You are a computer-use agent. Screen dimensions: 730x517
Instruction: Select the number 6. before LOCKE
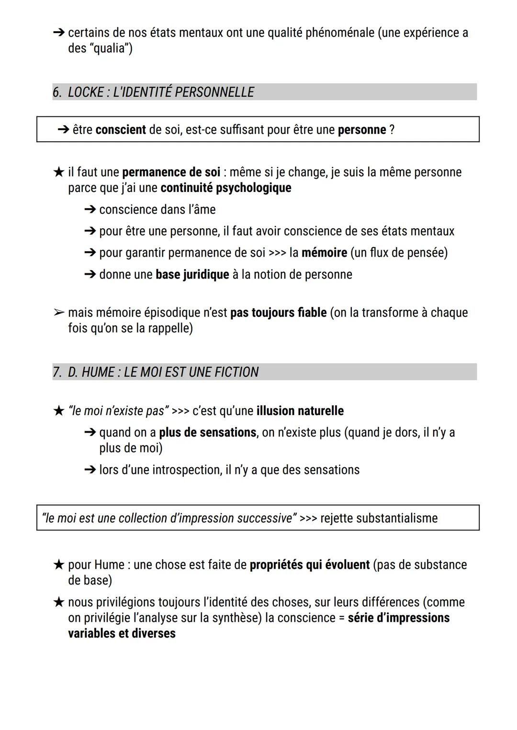[57, 92]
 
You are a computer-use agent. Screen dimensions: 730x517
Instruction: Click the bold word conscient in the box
[121, 130]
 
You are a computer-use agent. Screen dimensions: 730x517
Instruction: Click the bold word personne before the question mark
[362, 130]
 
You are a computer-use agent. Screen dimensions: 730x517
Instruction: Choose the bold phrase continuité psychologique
[226, 188]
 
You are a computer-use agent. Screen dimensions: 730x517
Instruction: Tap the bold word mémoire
[324, 252]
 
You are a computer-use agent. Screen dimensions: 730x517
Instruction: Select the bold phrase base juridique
[192, 274]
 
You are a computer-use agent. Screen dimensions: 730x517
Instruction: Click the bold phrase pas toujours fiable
[279, 313]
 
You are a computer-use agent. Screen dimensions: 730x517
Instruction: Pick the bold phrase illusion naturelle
[300, 411]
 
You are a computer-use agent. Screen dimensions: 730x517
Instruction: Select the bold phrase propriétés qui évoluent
[310, 565]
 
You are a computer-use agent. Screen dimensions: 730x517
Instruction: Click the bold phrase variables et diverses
[122, 633]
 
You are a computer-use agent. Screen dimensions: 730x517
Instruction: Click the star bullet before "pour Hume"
[58, 565]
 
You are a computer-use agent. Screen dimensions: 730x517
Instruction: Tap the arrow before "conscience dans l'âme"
[90, 210]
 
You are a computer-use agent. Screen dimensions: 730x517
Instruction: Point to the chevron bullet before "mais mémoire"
[58, 313]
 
